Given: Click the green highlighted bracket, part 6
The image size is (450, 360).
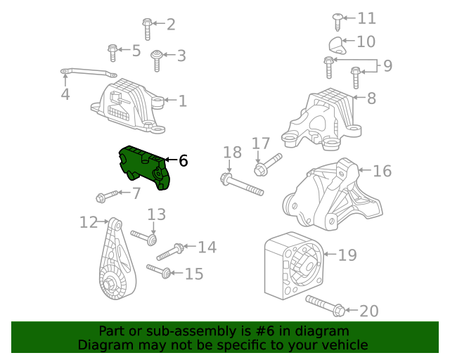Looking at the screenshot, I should (x=145, y=167).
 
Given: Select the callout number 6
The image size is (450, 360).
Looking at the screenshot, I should (x=184, y=161).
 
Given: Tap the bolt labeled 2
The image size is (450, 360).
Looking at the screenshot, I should (x=147, y=28).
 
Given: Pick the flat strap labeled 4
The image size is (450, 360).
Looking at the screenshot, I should (x=88, y=72).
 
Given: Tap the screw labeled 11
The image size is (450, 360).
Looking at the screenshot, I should (x=337, y=21).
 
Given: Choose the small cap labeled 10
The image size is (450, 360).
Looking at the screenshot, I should (x=338, y=46).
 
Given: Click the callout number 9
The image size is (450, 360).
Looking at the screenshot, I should (x=387, y=67).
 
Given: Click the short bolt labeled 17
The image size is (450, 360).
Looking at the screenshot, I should (x=266, y=165).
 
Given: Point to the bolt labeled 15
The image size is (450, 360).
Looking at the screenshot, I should (x=160, y=271).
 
